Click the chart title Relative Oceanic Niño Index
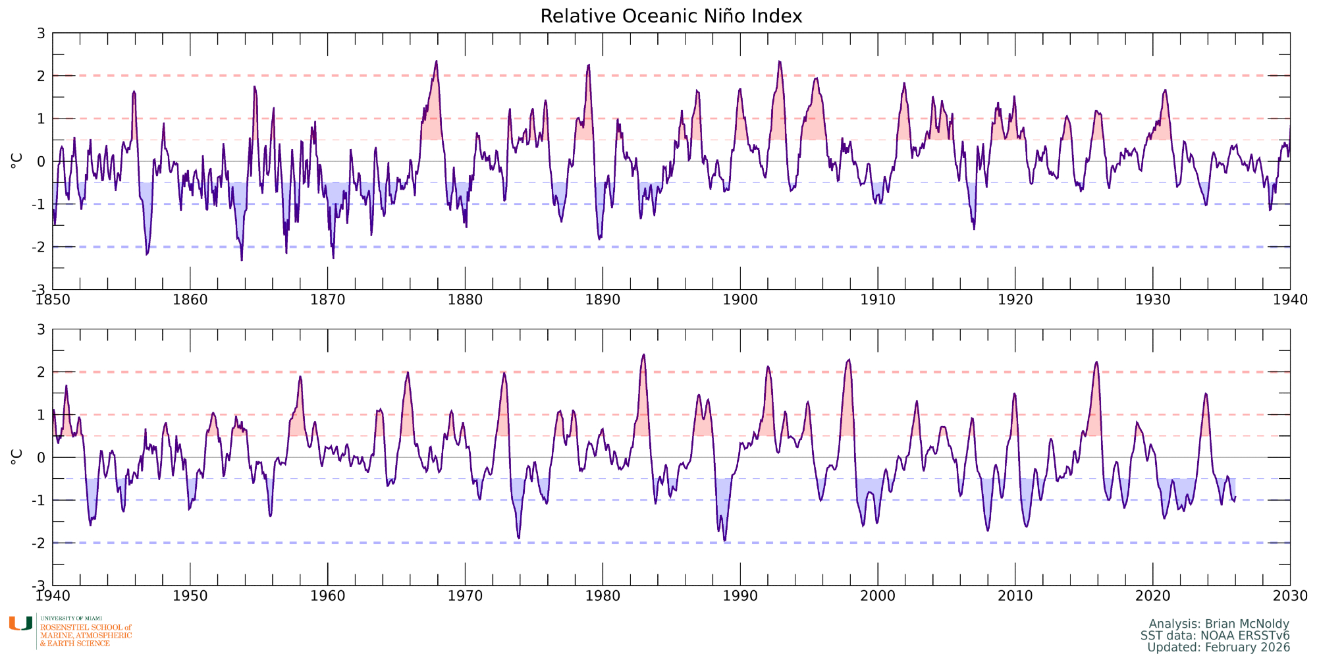[x=671, y=16]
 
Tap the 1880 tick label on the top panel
[x=465, y=300]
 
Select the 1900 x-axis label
[x=740, y=300]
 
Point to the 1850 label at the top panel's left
[x=53, y=300]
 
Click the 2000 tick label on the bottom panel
[x=878, y=596]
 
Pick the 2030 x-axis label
[x=1290, y=596]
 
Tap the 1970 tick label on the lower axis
[x=465, y=596]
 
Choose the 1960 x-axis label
[x=327, y=596]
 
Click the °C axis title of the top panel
[x=17, y=161]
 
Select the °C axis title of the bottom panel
[x=17, y=457]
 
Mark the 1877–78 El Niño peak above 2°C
[x=436, y=62]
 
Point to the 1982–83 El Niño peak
[x=643, y=355]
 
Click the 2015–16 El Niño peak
[x=1096, y=362]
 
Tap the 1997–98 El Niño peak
[x=849, y=360]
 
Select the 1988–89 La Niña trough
[x=724, y=540]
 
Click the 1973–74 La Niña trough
[x=519, y=537]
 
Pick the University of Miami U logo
[x=20, y=624]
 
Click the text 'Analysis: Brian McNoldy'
[x=1219, y=624]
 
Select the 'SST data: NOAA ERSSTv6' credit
[x=1215, y=636]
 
